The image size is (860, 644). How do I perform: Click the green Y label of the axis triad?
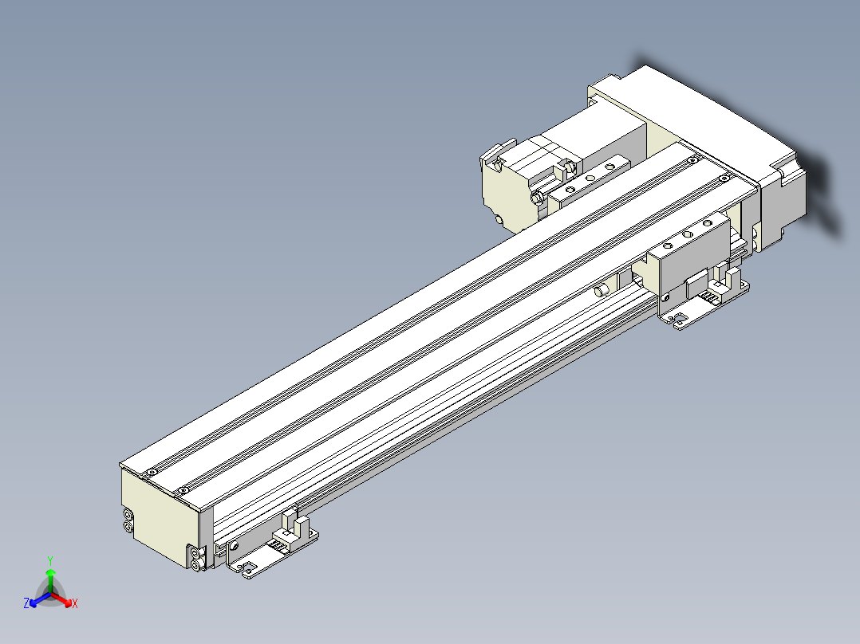click(49, 560)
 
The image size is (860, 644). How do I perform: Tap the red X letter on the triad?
click(74, 604)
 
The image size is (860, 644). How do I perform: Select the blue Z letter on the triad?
click(26, 603)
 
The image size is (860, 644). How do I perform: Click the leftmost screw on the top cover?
click(148, 473)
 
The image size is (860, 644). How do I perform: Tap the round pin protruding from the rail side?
click(600, 290)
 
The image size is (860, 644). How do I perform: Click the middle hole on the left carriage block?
click(590, 178)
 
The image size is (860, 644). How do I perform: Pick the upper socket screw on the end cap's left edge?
click(128, 515)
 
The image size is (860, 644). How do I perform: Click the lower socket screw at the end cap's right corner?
click(196, 564)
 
